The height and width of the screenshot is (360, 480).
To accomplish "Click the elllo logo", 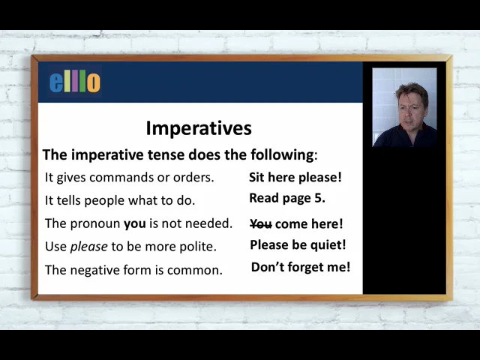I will coord(74,82).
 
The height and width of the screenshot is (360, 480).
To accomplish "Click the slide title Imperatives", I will coord(199,127).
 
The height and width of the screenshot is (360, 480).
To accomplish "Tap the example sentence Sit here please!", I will coord(295,178).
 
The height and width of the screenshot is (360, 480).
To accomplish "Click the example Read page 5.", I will coord(286,199).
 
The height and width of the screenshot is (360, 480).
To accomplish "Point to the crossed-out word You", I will coord(260,223).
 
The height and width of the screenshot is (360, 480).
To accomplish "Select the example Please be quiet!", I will coord(298,244).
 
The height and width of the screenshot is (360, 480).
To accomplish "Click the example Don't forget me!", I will coord(300,267).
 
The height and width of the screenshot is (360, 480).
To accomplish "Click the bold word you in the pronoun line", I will coord(135,223).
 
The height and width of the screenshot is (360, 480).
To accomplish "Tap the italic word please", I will coord(88,247).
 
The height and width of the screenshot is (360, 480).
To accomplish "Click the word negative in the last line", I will coord(97,270).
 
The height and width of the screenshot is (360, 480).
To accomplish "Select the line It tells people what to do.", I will coord(120,200).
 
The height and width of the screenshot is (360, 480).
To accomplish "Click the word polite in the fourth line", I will coord(197,247).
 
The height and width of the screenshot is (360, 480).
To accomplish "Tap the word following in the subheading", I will coord(281,155).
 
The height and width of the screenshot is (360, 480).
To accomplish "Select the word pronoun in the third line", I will coord(95,223).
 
